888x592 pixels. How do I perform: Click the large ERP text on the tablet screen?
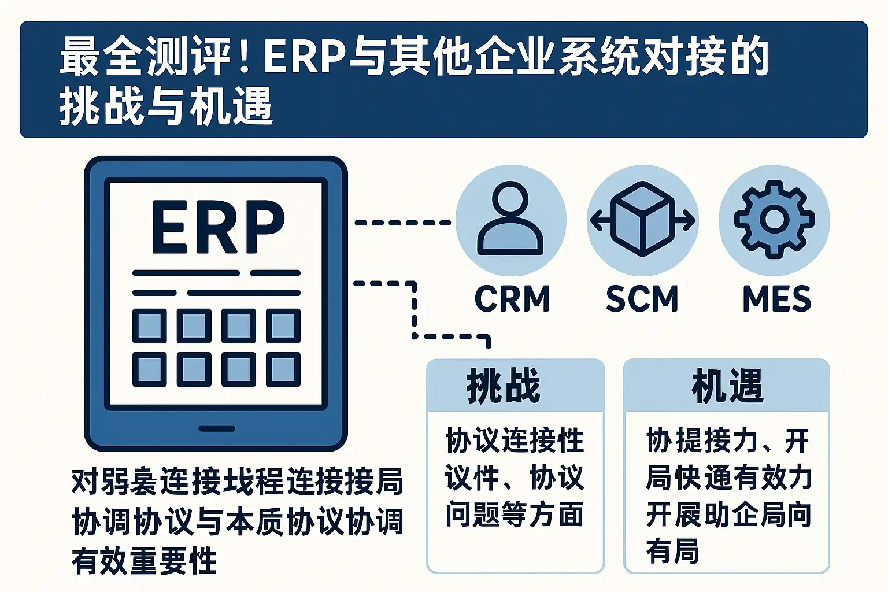pos(217,227)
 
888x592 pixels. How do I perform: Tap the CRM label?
pos(512,299)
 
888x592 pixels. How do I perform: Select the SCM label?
pos(642,299)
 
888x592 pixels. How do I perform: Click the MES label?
pos(776,299)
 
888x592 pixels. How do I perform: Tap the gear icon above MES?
pos(774,219)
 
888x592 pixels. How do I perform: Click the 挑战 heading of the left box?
pos(504,386)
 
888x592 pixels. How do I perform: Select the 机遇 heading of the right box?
pos(727,386)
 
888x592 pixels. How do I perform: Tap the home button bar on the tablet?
pos(217,428)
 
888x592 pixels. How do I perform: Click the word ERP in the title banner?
pos(305,57)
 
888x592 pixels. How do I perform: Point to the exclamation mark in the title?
pos(244,57)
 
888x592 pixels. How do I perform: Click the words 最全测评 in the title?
pos(145,57)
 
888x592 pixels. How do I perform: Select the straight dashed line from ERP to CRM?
pos(402,223)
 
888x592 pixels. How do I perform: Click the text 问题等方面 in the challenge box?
pos(514,514)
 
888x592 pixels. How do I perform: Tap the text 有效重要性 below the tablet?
pos(145,560)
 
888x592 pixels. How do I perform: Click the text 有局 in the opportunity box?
pos(672,550)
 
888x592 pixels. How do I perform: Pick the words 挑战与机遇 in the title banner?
pos(166,107)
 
